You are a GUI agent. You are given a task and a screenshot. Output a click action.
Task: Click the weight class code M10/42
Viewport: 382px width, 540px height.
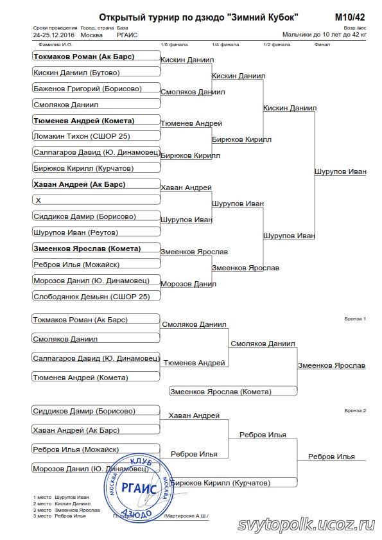[349, 17]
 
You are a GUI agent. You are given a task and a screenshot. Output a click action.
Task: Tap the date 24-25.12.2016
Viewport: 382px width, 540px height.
[54, 35]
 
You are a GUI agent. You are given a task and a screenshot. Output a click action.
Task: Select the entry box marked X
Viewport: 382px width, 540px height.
[96, 200]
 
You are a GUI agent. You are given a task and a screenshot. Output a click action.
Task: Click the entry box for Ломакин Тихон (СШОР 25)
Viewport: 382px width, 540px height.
[96, 135]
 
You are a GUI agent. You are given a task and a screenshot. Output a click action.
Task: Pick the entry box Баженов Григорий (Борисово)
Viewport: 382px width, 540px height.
[96, 88]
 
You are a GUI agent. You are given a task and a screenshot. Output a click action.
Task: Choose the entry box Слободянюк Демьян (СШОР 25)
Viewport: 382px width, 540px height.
[96, 296]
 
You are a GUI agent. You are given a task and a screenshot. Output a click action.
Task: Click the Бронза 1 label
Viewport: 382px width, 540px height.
[355, 318]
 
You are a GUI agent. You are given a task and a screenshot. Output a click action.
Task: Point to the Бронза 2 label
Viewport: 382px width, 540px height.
[355, 410]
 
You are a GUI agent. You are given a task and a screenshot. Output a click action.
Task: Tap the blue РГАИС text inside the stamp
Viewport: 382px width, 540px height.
[139, 488]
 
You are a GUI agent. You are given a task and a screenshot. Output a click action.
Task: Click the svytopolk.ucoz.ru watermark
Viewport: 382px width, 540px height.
[306, 525]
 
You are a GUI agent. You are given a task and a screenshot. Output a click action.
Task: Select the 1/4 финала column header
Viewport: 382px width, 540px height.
[225, 44]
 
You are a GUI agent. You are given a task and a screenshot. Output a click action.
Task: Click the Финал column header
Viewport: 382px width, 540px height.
[322, 44]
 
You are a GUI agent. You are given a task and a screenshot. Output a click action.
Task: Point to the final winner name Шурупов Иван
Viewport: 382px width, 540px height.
[340, 171]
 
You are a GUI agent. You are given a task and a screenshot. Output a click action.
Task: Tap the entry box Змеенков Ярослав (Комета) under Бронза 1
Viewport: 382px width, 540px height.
[233, 391]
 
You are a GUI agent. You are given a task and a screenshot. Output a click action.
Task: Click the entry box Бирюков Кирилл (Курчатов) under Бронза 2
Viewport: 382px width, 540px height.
[233, 482]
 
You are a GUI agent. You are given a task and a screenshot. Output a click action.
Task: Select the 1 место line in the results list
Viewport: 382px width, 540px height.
[62, 497]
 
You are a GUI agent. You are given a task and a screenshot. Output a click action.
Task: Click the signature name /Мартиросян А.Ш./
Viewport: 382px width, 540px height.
[186, 516]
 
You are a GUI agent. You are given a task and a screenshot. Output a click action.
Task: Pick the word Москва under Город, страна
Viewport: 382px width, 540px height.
[91, 35]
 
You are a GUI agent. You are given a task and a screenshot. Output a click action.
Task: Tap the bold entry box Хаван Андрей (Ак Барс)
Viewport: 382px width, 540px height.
[96, 184]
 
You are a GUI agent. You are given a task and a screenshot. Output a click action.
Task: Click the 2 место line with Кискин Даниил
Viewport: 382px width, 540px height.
[62, 503]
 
